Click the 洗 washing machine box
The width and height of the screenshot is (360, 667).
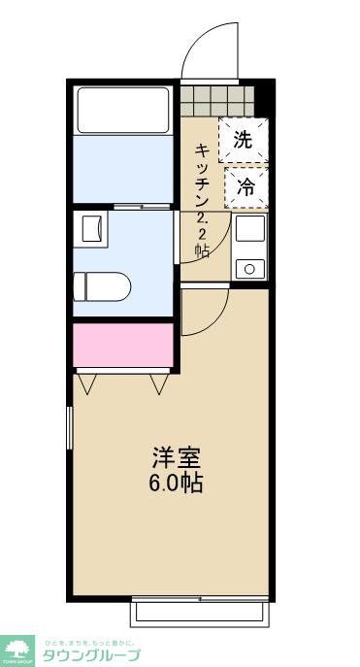[243, 139]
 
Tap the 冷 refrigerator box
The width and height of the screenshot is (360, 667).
[246, 187]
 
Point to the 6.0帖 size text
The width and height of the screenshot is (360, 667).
[176, 483]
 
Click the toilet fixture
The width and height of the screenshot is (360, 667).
[102, 285]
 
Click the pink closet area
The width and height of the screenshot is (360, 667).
[123, 345]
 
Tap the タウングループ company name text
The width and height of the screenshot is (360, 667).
[91, 655]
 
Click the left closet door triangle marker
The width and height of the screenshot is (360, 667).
[87, 385]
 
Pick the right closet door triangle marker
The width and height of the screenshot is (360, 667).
[160, 385]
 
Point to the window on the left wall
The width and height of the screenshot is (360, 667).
[70, 428]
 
